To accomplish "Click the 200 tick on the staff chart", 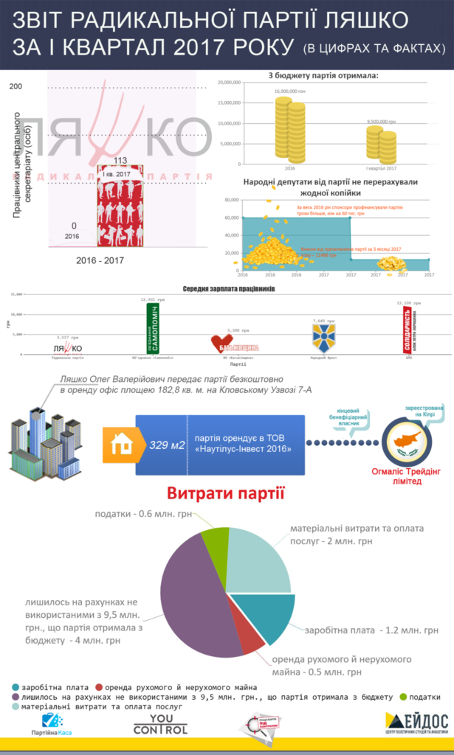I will pyautogui.click(x=16, y=87).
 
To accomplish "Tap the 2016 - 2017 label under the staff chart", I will pyautogui.click(x=100, y=260).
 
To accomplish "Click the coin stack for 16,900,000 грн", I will pyautogui.click(x=285, y=128).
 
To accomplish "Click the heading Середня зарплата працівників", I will pyautogui.click(x=229, y=289).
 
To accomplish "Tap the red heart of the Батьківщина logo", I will pyautogui.click(x=219, y=343).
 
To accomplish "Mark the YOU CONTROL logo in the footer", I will pyautogui.click(x=160, y=724).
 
